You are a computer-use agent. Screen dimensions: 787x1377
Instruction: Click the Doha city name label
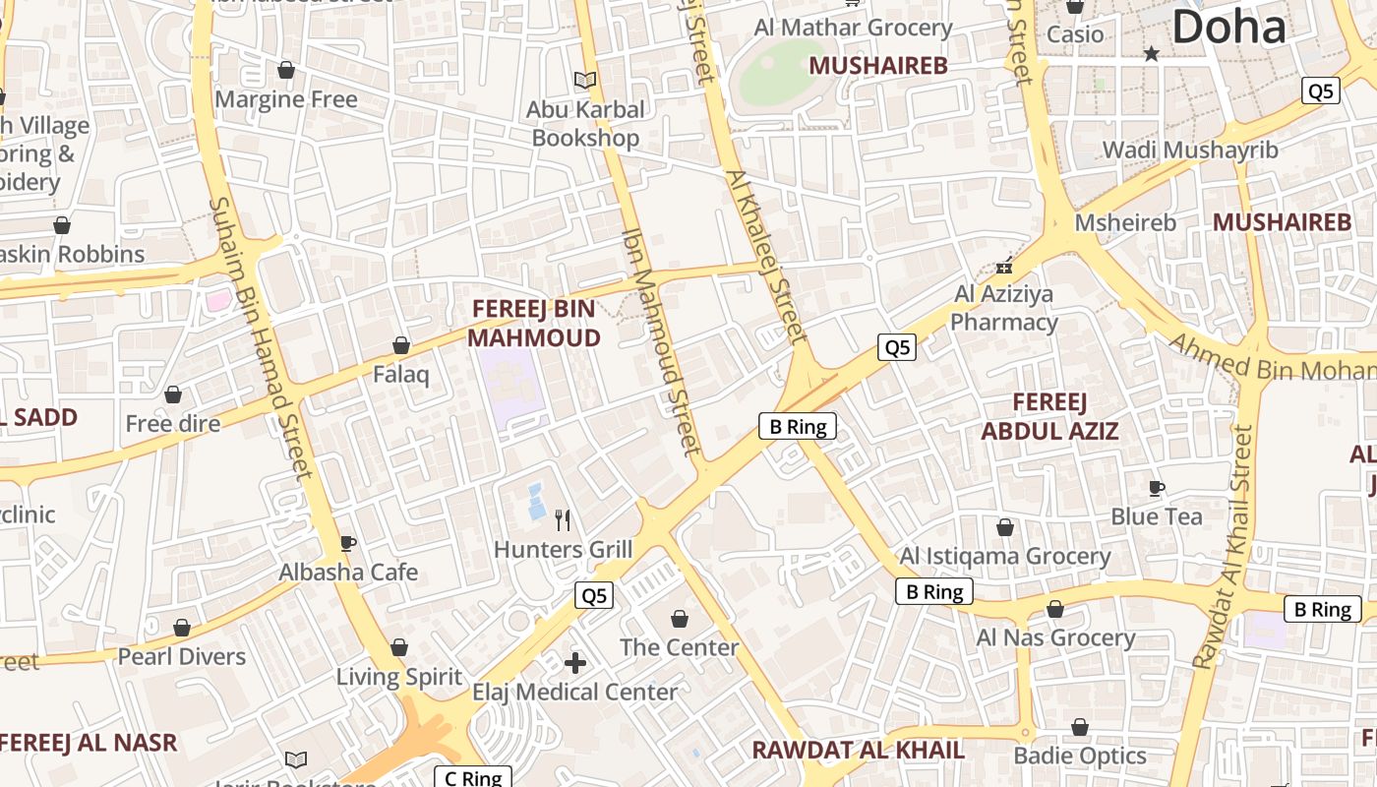point(1228,27)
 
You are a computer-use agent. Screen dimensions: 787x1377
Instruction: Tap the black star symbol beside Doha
point(1151,54)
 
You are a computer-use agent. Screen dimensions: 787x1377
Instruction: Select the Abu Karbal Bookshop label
point(585,124)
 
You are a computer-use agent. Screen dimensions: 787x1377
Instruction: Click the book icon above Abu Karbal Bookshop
point(585,80)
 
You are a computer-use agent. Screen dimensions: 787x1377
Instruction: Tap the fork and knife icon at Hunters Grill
point(563,519)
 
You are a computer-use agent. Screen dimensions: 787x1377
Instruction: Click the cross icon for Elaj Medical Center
point(575,663)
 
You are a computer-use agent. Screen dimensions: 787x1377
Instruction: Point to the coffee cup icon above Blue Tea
point(1157,488)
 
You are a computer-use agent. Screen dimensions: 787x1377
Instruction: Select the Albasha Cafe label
point(348,573)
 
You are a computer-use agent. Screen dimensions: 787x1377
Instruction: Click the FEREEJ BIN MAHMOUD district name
point(533,324)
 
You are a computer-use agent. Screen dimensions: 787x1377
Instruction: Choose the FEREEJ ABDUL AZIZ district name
point(1049,416)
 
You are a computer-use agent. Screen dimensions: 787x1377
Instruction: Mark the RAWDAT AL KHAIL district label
point(858,750)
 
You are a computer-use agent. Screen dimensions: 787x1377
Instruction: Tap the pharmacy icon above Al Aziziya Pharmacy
point(1004,266)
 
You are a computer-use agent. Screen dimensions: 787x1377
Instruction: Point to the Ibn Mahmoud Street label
point(660,343)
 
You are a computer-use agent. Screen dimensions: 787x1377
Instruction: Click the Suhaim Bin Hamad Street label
point(261,337)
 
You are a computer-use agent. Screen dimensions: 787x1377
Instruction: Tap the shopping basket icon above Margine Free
point(286,70)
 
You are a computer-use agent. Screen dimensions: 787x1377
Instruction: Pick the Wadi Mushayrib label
point(1190,151)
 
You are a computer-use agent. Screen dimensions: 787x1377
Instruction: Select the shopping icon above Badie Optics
point(1080,728)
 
